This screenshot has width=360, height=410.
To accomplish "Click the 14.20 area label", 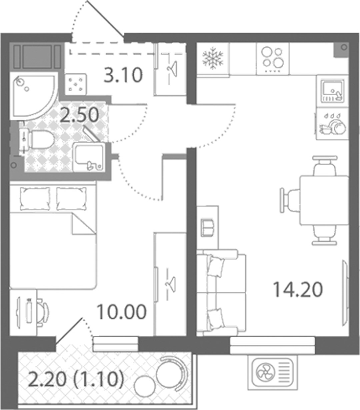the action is click(298, 290).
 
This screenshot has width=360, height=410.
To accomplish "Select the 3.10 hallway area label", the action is click(123, 75).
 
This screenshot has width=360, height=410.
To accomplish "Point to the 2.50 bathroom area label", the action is click(79, 115).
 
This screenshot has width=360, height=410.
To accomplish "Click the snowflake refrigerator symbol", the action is click(213, 58).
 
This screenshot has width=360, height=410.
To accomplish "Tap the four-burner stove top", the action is click(273, 59).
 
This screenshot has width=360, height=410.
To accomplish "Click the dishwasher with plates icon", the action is click(332, 124).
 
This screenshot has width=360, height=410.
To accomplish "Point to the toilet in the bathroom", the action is click(38, 140).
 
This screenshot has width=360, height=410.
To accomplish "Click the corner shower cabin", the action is click(33, 96).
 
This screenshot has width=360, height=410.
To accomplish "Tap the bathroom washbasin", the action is click(89, 157).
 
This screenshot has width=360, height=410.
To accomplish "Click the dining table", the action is click(324, 200).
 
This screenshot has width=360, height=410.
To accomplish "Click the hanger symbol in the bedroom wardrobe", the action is click(171, 284).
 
